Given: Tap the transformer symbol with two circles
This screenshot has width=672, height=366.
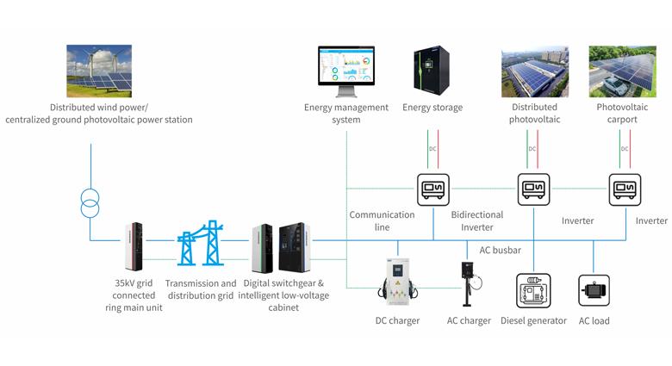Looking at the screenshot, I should coord(90,205).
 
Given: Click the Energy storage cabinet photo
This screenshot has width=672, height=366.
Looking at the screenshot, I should coord(432,71).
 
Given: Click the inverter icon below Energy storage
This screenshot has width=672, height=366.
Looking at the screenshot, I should coord(432,189).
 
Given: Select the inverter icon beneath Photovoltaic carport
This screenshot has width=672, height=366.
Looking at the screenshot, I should coord(625,189).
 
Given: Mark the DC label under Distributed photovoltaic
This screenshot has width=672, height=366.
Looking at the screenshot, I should coord(533,148).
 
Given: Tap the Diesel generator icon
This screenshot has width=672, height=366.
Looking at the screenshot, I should coord(534,291).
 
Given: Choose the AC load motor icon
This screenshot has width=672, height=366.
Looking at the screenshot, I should coord(594,291).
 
